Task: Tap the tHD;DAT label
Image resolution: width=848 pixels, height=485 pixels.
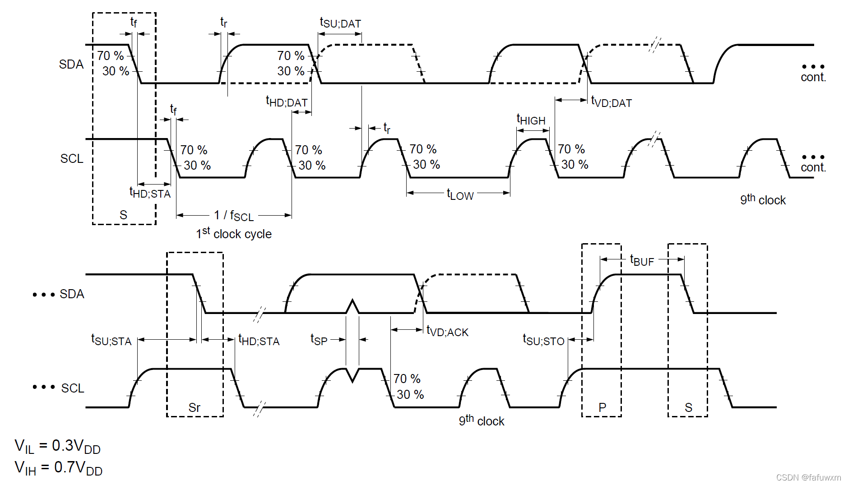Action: point(287,102)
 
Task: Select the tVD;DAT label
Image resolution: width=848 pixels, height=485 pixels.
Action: point(612,102)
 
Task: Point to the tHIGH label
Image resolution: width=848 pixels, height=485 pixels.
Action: point(531,120)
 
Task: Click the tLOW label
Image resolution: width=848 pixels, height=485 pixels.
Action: point(460,195)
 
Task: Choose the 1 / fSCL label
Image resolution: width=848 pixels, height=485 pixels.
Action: point(234,216)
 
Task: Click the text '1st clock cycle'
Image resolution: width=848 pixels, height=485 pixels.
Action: point(234,234)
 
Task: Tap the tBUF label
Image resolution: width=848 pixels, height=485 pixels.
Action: point(642,261)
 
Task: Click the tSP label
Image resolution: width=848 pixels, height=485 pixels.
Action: point(319,340)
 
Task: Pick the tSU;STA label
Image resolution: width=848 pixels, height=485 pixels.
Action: point(111,340)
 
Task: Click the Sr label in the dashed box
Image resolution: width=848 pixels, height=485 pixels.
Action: point(195,407)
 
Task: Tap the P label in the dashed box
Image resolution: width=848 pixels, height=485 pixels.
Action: point(602,407)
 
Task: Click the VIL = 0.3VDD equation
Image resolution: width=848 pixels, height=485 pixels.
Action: point(58,446)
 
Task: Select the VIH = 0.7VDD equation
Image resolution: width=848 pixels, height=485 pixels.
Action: point(59,468)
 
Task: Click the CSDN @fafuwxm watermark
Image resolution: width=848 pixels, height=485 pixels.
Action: point(808,477)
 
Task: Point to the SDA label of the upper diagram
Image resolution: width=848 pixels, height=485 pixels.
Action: point(71,65)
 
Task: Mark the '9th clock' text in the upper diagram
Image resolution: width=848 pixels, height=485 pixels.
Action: point(763,199)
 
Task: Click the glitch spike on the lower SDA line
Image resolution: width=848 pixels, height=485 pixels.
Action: point(352,305)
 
